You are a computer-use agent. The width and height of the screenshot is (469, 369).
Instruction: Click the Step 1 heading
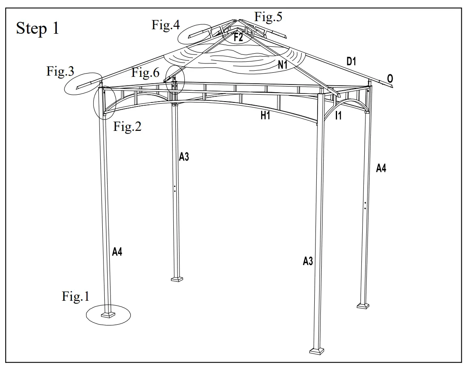pos(37,28)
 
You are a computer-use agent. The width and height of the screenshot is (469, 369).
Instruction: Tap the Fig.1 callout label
pos(75,297)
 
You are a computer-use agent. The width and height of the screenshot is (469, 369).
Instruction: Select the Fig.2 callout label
pos(127,127)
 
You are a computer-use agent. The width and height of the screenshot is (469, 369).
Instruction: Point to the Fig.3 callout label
pos(60,72)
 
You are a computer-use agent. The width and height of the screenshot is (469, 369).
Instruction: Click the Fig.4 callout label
pos(165,25)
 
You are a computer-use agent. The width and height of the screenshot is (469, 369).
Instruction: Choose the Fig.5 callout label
pos(268,17)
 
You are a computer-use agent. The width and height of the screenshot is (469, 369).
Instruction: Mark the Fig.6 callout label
pos(145,73)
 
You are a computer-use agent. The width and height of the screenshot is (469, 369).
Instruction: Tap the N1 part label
pos(283,64)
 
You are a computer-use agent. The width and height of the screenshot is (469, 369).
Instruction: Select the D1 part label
pos(351,62)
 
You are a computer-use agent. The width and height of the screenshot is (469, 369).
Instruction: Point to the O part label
pos(390,79)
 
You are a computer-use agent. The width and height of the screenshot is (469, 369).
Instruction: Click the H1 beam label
pos(265,116)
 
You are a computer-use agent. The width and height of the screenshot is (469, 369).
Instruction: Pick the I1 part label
pos(338,116)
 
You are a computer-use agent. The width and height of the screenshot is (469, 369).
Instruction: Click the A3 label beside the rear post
pos(184,157)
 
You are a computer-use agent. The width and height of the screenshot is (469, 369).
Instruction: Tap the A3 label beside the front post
pos(308,261)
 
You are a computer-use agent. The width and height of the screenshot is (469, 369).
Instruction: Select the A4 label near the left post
pos(117,252)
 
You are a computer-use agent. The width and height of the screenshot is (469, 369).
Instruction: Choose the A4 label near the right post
pos(381,168)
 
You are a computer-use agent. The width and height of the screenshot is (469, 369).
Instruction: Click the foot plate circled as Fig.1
pos(109,314)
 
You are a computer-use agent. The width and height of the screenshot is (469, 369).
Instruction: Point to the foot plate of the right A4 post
pos(363,305)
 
